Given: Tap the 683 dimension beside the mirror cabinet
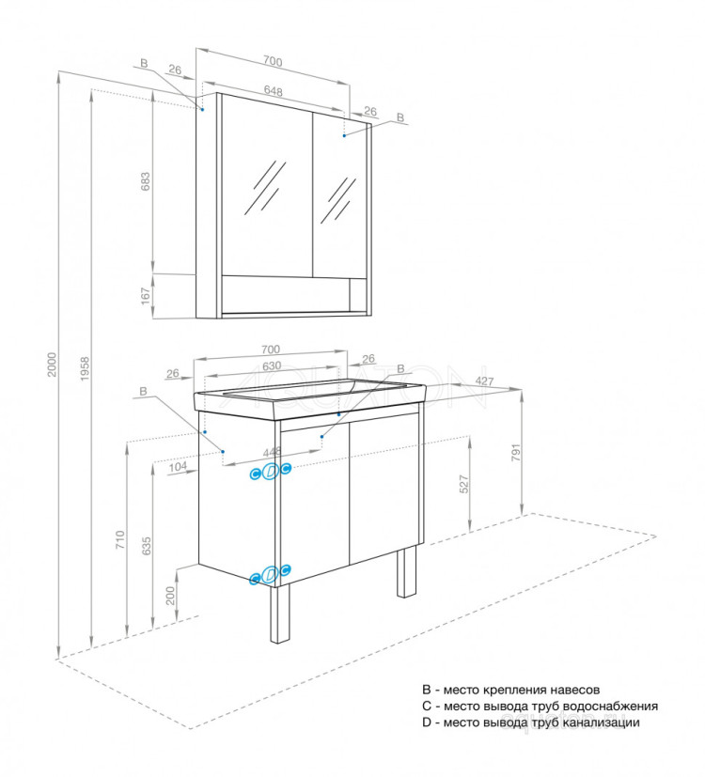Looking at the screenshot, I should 145,182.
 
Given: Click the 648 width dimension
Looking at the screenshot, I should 274,91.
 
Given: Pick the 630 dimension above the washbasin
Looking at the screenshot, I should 272,365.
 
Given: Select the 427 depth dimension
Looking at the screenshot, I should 485,381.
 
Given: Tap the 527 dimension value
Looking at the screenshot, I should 464,485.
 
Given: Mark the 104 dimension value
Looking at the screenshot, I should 178,466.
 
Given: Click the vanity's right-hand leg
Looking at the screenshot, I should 407,572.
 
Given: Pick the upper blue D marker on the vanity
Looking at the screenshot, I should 271,472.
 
